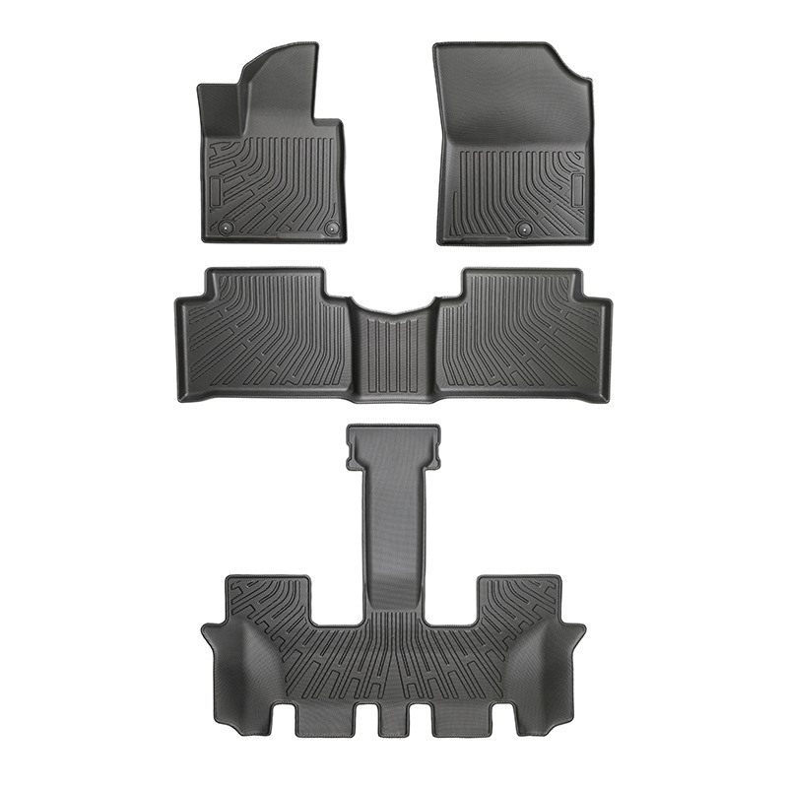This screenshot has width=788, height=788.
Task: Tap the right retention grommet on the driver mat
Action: (x=332, y=228)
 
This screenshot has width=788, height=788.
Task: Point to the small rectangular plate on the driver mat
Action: (x=216, y=187)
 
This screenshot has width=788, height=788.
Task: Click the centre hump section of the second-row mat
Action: (x=394, y=350)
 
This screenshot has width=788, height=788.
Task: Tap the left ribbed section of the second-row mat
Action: (x=266, y=330)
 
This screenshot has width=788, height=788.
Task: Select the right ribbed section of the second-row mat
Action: (x=522, y=330)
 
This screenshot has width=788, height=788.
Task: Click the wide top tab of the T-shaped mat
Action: (x=394, y=443)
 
